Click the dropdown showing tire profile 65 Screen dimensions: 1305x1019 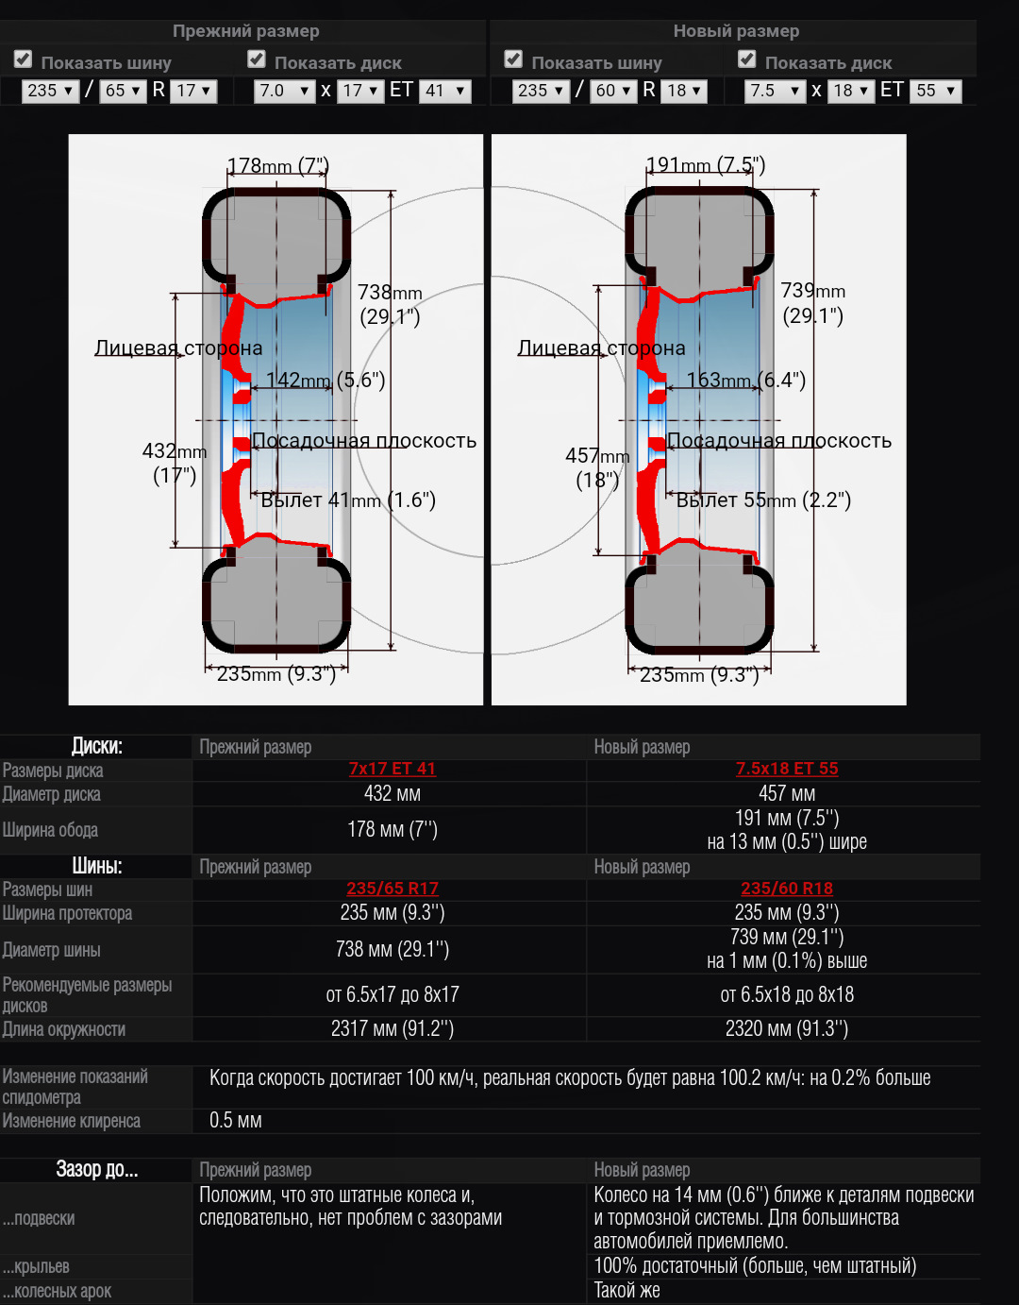(x=124, y=91)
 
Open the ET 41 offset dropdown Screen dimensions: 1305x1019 (x=444, y=91)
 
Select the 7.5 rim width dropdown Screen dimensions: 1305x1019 (x=775, y=91)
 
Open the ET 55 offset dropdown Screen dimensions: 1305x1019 (x=935, y=91)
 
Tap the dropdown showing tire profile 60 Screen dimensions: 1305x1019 (x=614, y=91)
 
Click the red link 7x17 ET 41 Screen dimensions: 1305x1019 (x=393, y=769)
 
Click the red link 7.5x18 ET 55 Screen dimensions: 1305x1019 (x=787, y=769)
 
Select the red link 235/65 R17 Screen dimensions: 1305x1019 (x=393, y=889)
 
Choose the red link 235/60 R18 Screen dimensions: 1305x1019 (x=787, y=889)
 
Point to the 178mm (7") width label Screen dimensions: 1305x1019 (x=277, y=166)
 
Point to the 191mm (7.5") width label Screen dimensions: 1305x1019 (x=705, y=165)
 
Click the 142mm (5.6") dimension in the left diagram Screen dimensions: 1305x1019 (x=326, y=381)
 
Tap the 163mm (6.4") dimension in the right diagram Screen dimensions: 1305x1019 (x=745, y=381)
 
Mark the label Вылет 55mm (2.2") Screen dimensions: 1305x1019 (x=763, y=500)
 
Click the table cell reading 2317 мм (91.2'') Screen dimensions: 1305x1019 (x=393, y=1029)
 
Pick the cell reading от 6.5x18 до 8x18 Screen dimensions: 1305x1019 (x=787, y=994)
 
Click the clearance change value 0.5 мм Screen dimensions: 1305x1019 (x=236, y=1121)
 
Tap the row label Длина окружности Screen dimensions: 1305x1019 (x=64, y=1029)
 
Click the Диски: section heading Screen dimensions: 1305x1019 (x=97, y=746)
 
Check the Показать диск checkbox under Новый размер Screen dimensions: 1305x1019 (x=747, y=59)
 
